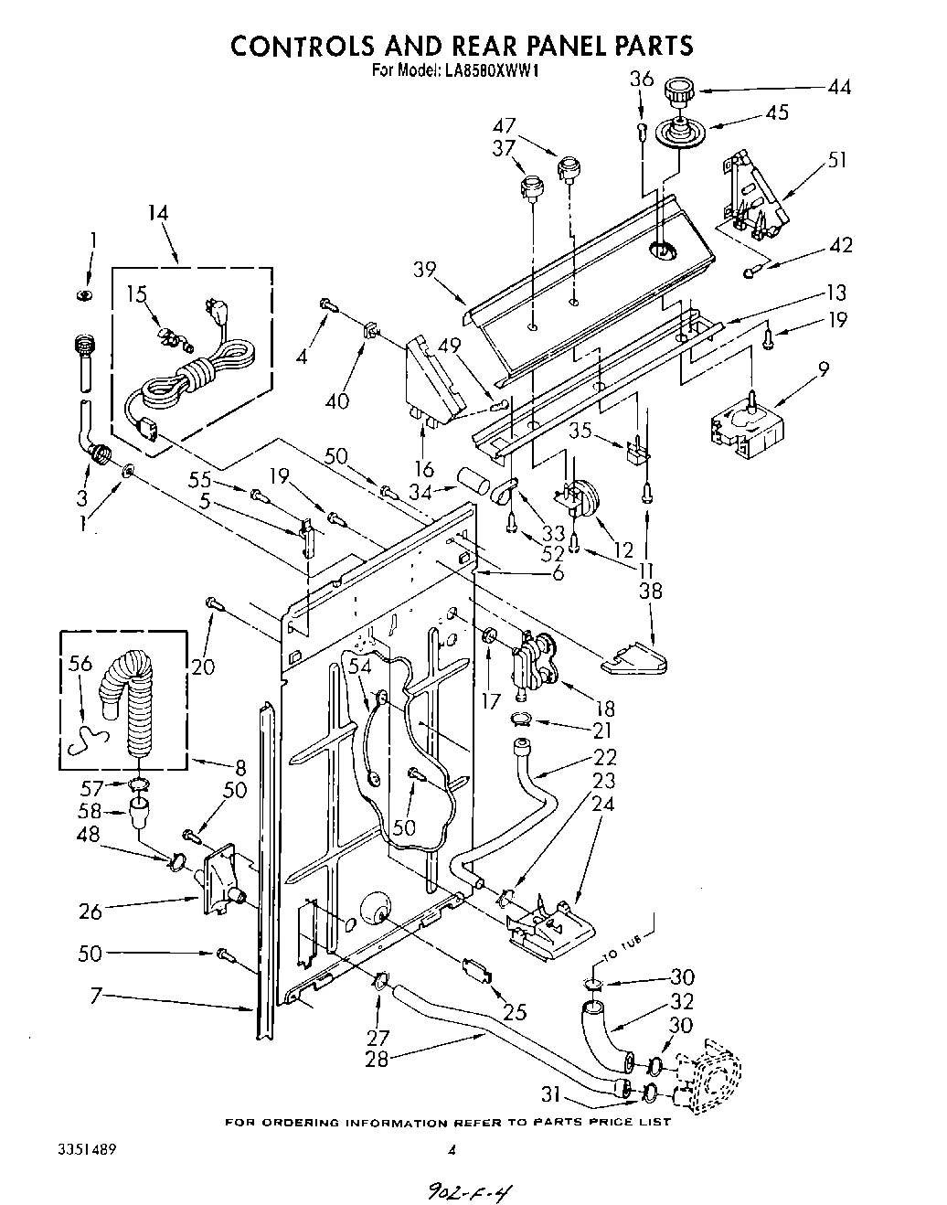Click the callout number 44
[x=838, y=88]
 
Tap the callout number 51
[x=835, y=161]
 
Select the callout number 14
[x=158, y=213]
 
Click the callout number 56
[x=80, y=664]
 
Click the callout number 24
[x=602, y=805]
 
